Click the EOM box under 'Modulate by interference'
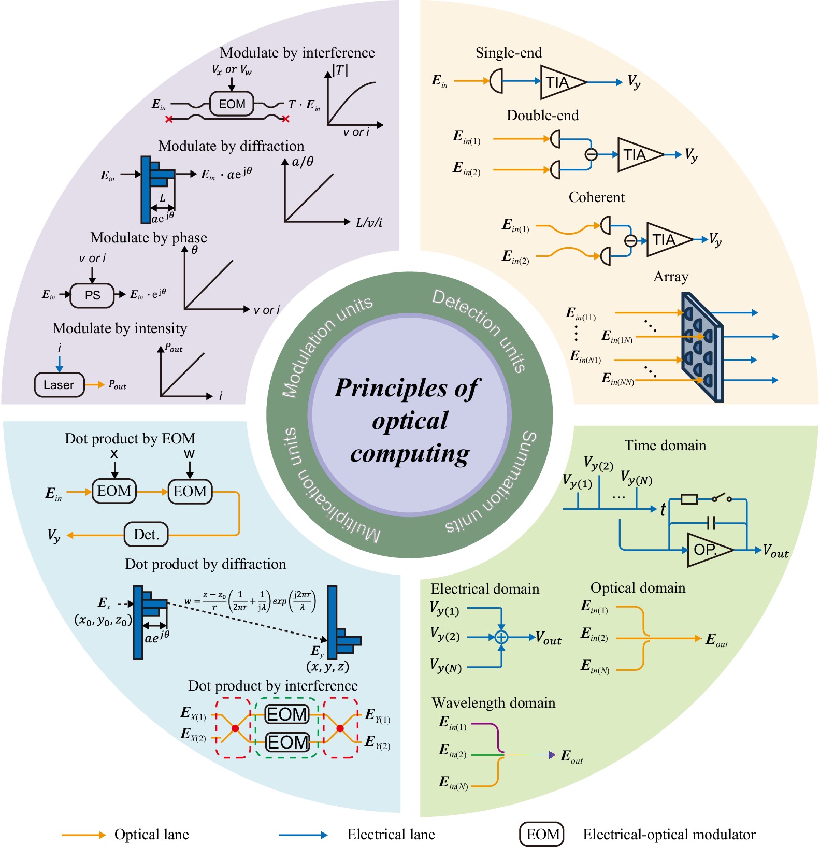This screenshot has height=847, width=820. pyautogui.click(x=232, y=104)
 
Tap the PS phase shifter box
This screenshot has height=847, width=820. pyautogui.click(x=92, y=295)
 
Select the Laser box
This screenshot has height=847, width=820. pyautogui.click(x=59, y=385)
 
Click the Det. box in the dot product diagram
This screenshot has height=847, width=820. pyautogui.click(x=147, y=534)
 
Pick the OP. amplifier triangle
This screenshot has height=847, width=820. pyautogui.click(x=707, y=549)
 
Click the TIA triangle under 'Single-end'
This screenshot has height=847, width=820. pyautogui.click(x=559, y=82)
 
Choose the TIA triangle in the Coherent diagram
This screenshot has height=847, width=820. pyautogui.click(x=666, y=239)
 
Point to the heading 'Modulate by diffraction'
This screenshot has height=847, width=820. pyautogui.click(x=231, y=146)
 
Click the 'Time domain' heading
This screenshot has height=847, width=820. pyautogui.click(x=665, y=446)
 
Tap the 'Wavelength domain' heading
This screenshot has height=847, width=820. pyautogui.click(x=493, y=703)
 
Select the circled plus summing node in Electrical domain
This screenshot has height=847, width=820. pyautogui.click(x=501, y=637)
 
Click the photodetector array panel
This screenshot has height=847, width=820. pyautogui.click(x=701, y=347)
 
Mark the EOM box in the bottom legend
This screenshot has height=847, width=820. pyautogui.click(x=542, y=834)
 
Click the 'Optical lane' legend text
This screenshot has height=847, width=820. pyautogui.click(x=151, y=835)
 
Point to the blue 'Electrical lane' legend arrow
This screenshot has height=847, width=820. pyautogui.click(x=303, y=835)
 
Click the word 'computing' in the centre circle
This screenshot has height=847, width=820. pyautogui.click(x=410, y=453)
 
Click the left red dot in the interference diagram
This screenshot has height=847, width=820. pyautogui.click(x=235, y=728)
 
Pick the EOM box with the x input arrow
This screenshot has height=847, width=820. pyautogui.click(x=114, y=491)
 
